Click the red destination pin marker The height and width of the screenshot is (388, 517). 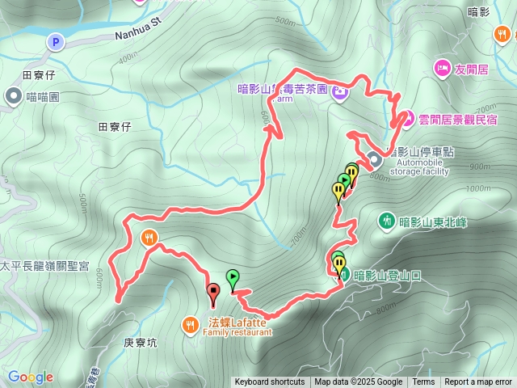click(213, 293)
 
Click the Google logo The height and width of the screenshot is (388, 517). click(31, 377)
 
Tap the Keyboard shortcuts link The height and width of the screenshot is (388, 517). click(270, 382)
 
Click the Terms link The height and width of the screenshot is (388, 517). click(423, 382)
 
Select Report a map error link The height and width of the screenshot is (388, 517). click(478, 382)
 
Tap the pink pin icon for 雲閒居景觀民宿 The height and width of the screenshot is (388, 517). click(407, 119)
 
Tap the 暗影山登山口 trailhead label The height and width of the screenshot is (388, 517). click(388, 275)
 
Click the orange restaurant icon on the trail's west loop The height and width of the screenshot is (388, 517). click(149, 238)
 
